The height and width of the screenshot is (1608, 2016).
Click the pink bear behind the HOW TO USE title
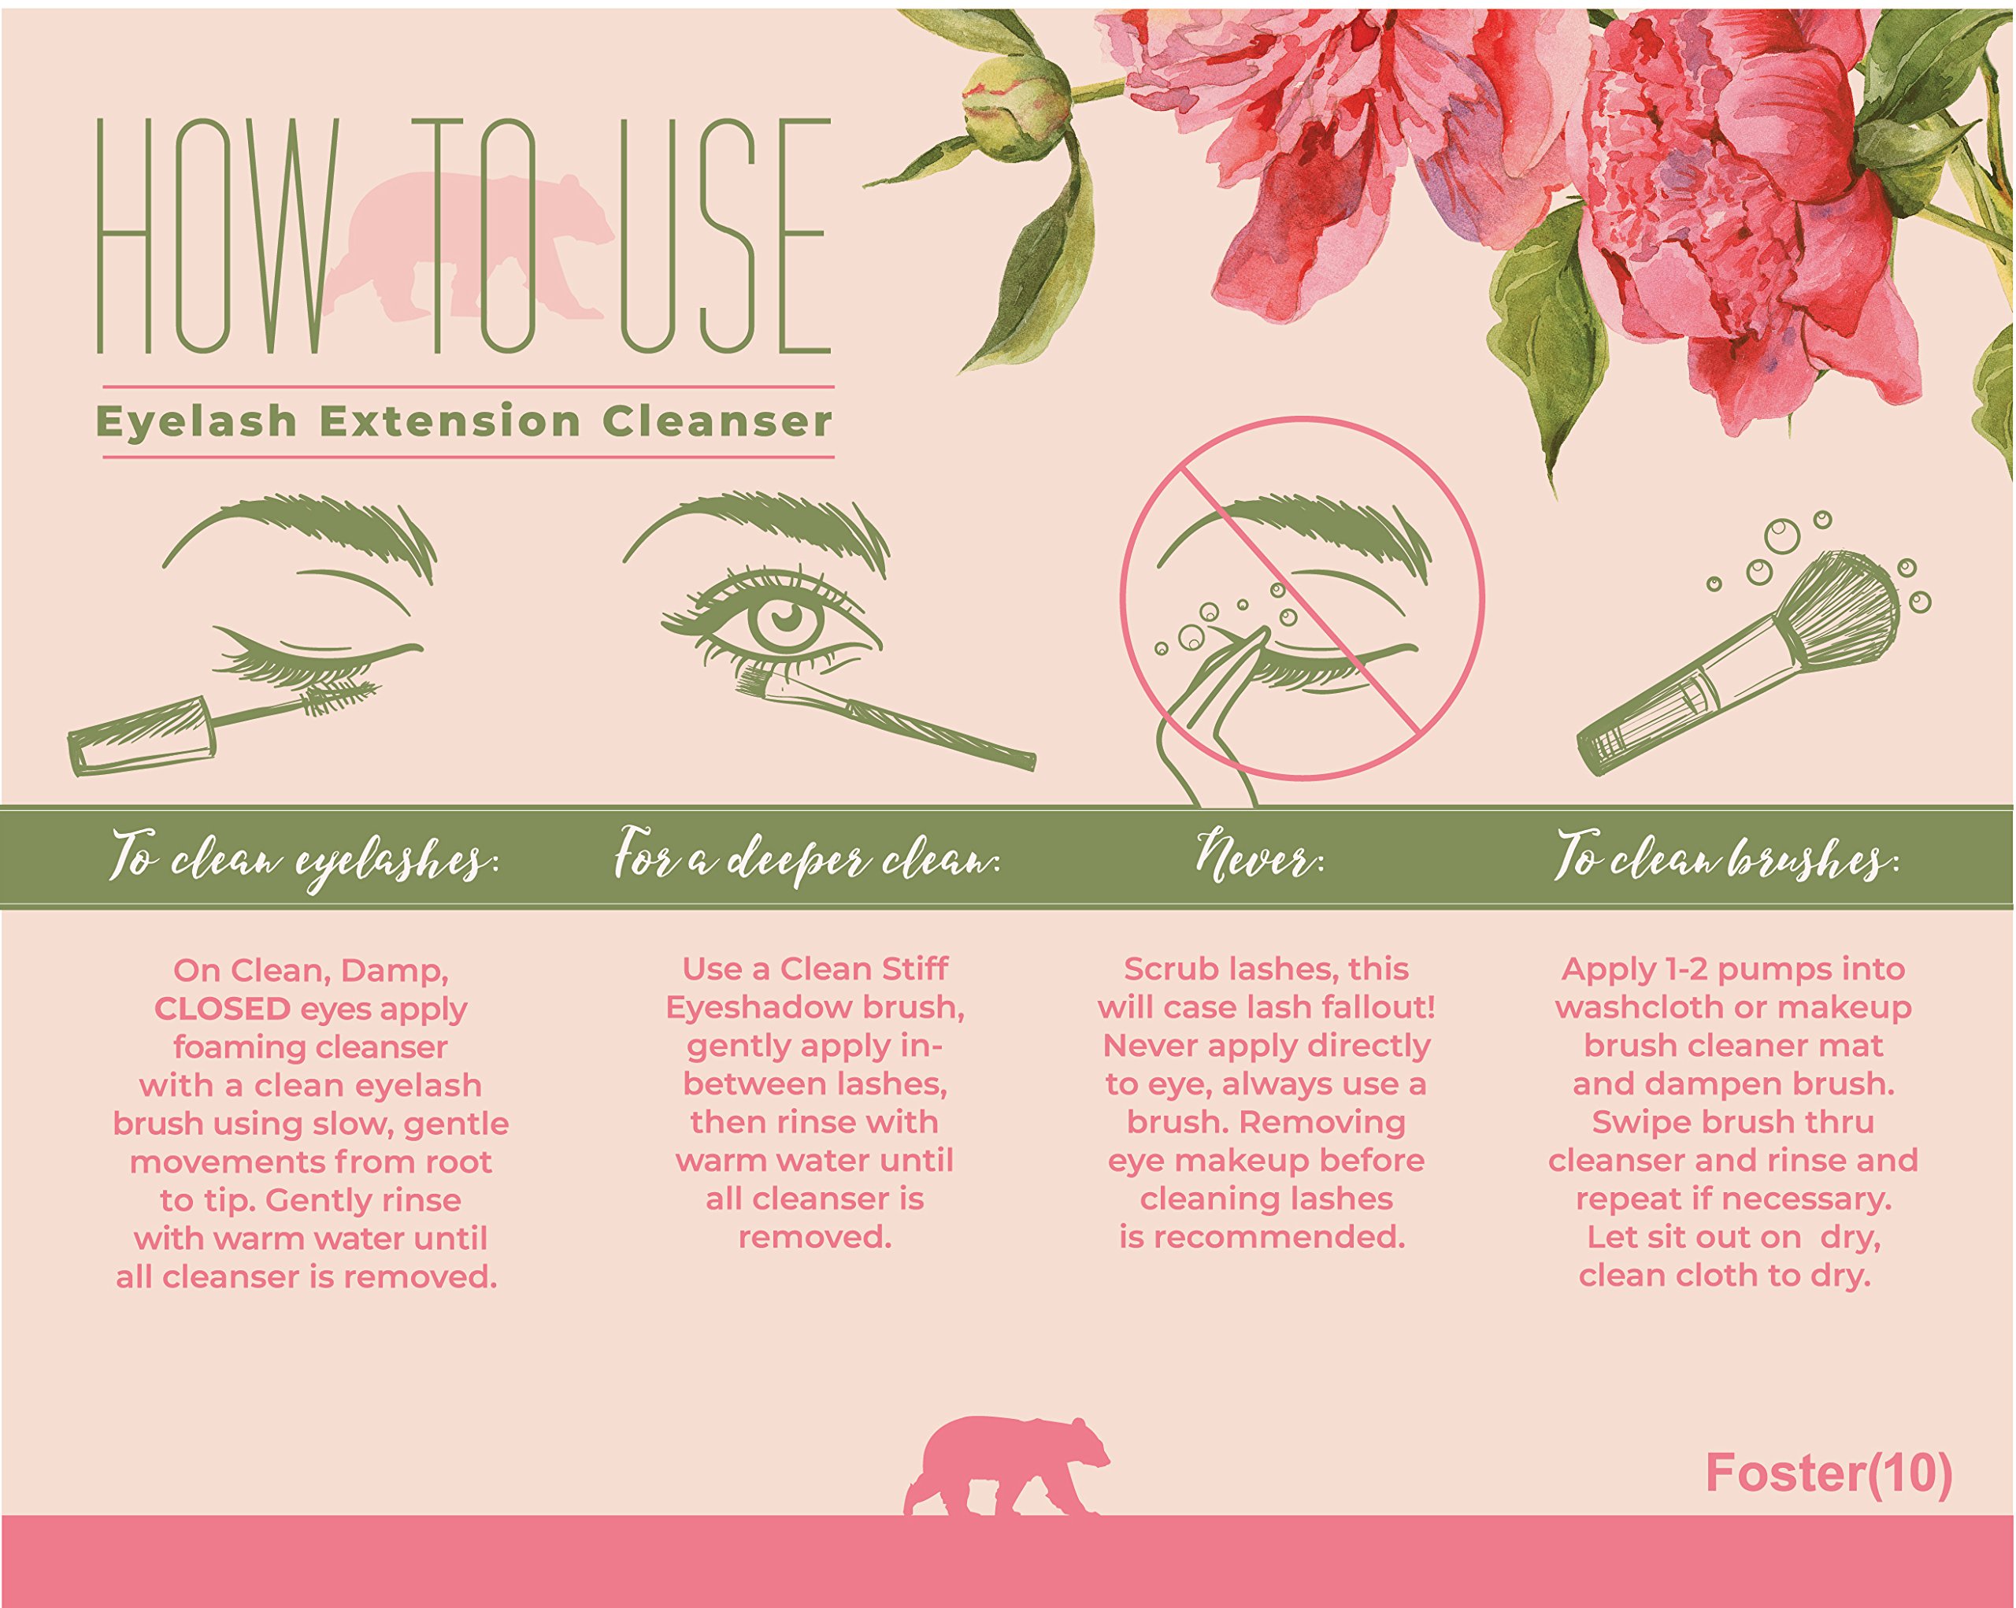[x=468, y=253]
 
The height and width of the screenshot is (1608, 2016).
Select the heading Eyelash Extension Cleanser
[x=464, y=421]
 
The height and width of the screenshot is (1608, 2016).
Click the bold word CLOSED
[x=223, y=1009]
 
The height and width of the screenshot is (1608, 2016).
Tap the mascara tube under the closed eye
[x=140, y=739]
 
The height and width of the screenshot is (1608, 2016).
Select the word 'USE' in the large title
[x=724, y=239]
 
